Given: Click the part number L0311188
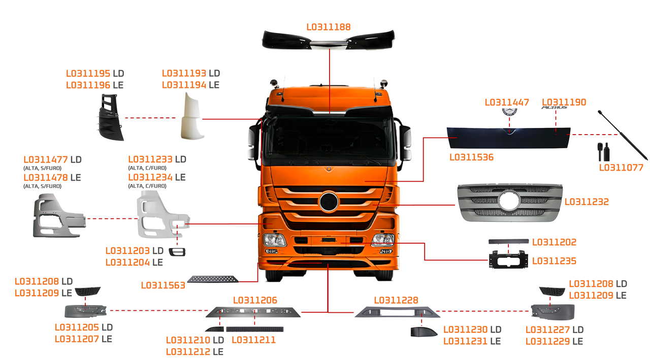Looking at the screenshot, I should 329,26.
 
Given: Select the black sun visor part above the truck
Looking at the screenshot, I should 329,40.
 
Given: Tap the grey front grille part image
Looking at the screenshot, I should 508,203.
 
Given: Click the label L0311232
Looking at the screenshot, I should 586,202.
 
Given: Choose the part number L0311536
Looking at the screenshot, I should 471,157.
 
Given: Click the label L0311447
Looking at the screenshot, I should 507,103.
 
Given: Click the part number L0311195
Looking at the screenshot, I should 88,74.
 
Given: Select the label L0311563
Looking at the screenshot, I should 162,285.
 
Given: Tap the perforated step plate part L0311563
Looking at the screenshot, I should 211,279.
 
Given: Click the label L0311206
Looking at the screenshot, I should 255,301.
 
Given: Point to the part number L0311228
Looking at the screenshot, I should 396,301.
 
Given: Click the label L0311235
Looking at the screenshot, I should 554,261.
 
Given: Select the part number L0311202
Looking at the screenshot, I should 554,243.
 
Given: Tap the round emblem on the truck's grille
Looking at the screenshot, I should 329,202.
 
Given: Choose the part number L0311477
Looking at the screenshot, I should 46,159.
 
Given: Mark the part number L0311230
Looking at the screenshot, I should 465,330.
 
